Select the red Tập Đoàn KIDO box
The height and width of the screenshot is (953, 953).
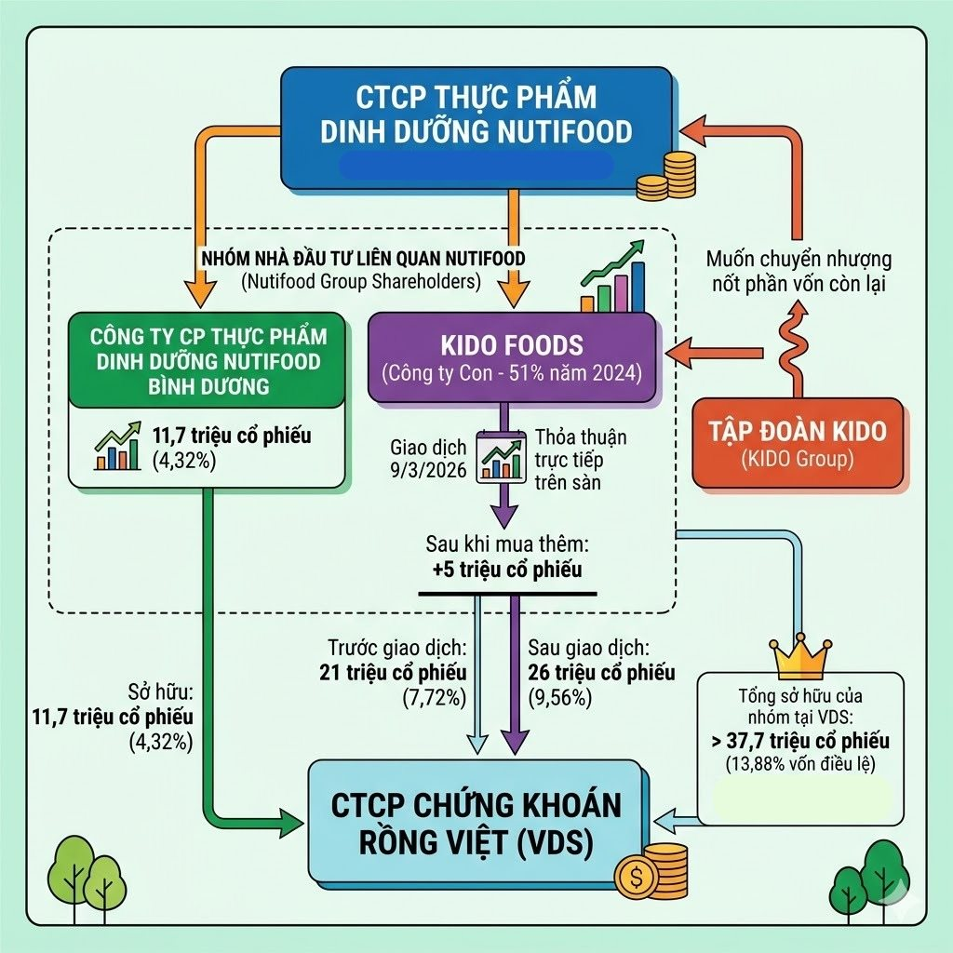[798, 442]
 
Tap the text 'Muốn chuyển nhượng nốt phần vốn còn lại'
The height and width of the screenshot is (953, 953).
[799, 271]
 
